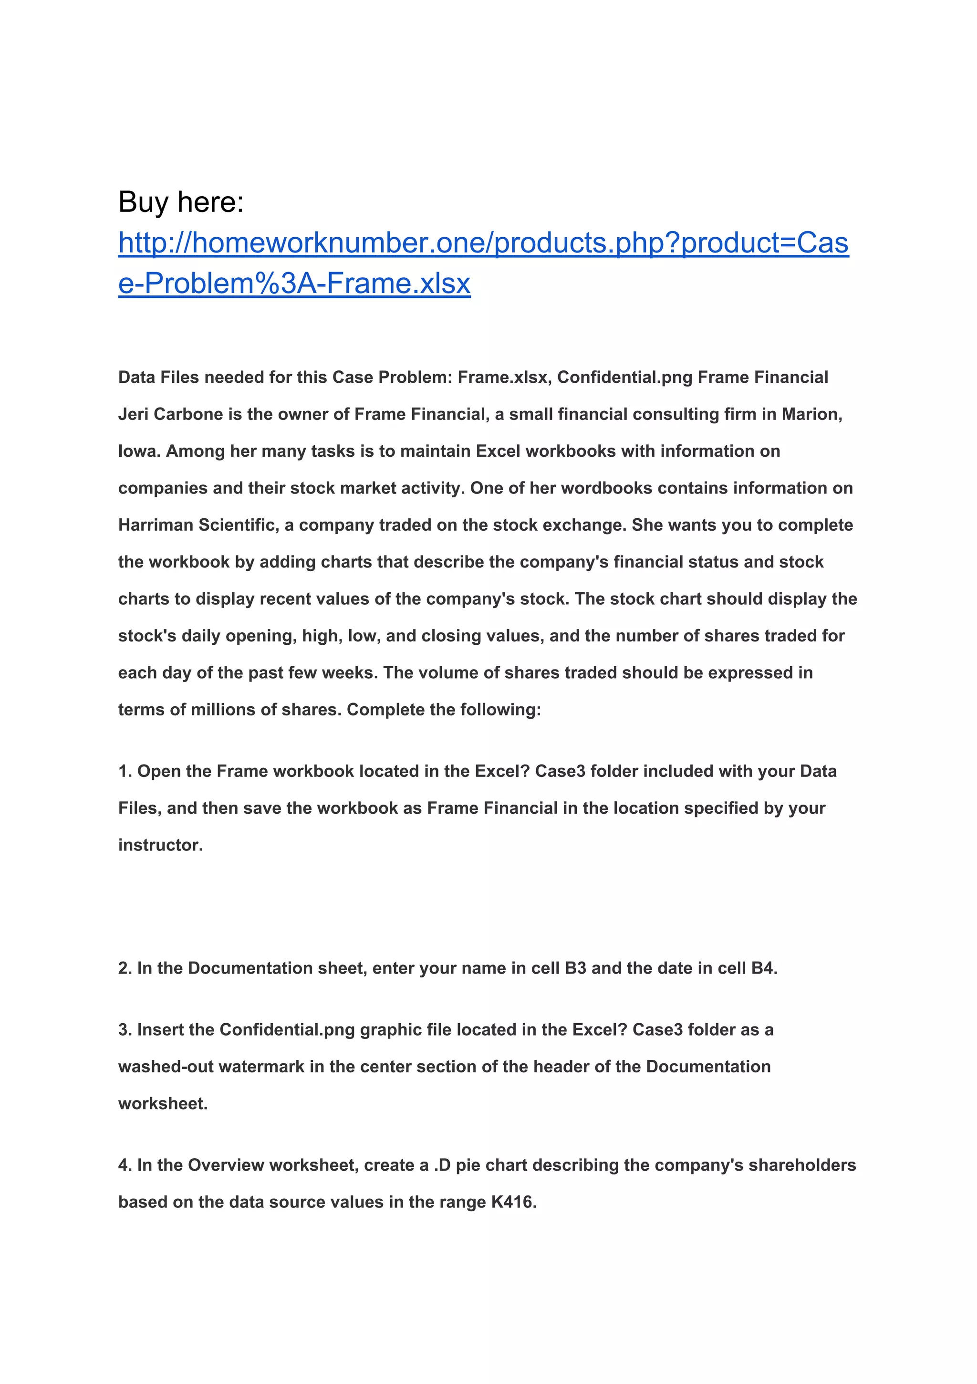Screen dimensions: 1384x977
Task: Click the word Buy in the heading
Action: point(143,202)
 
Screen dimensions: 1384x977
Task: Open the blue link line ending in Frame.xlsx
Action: point(294,283)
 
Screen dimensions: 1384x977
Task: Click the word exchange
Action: point(584,525)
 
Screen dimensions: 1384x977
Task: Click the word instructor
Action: point(160,845)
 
